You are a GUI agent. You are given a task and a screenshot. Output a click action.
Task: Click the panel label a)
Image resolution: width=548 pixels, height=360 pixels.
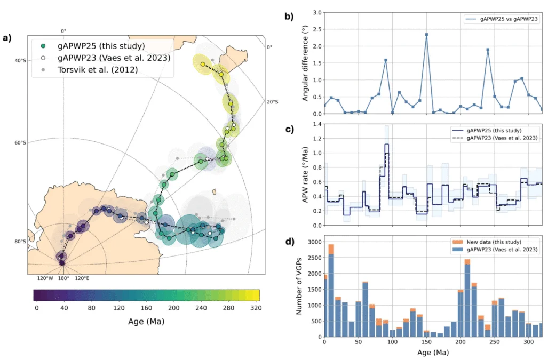click(7, 38)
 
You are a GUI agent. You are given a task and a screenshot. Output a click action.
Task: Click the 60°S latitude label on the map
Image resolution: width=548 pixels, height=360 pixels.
click(20, 142)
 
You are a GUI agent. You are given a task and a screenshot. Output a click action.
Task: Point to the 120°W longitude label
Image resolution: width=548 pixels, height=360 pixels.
click(45, 278)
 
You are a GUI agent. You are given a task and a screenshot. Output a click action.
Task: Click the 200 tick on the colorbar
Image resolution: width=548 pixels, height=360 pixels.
click(174, 308)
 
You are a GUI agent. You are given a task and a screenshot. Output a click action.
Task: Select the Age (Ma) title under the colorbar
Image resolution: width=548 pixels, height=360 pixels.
click(146, 321)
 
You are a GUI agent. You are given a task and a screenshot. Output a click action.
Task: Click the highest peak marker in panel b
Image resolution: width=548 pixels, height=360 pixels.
click(426, 35)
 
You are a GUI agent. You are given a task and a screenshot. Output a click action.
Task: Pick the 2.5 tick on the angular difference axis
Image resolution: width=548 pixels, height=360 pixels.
click(317, 29)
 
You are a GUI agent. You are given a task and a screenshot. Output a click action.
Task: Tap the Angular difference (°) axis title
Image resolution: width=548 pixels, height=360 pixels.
click(305, 63)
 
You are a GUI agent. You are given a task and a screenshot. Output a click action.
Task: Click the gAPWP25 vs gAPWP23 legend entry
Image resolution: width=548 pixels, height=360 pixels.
click(502, 19)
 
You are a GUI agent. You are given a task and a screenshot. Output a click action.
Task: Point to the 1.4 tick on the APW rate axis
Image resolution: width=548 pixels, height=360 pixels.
click(317, 124)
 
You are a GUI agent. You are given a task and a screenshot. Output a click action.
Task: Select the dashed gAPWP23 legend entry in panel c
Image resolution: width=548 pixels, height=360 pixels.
click(495, 138)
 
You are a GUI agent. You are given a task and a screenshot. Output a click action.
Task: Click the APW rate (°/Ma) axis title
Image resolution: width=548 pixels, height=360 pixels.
click(305, 174)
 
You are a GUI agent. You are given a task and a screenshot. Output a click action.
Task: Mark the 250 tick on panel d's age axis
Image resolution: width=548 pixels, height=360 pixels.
click(495, 342)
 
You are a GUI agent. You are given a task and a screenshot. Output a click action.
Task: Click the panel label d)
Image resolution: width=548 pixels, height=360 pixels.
click(290, 242)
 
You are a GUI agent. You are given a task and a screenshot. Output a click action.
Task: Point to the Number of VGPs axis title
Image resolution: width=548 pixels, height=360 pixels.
click(299, 286)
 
